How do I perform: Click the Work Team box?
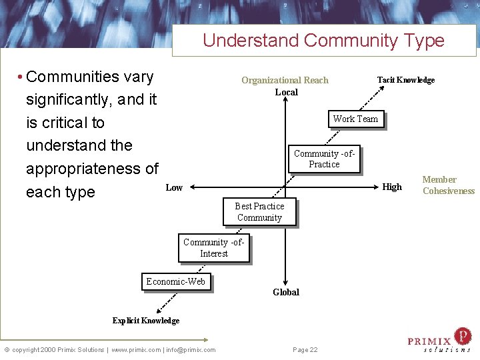(355, 119)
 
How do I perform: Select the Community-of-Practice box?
(325, 159)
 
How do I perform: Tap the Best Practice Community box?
(259, 212)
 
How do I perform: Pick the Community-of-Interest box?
(214, 248)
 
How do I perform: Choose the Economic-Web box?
(176, 281)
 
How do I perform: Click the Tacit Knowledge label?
(405, 80)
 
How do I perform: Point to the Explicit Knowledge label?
(145, 321)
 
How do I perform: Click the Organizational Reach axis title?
(285, 80)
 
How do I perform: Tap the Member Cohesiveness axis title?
(448, 185)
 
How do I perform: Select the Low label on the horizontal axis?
(174, 187)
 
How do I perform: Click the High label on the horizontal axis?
(392, 187)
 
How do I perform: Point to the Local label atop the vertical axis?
(287, 92)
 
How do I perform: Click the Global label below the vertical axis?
(286, 292)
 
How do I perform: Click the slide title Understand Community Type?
(323, 40)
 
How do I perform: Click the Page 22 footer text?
(305, 350)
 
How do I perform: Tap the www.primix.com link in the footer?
(135, 350)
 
